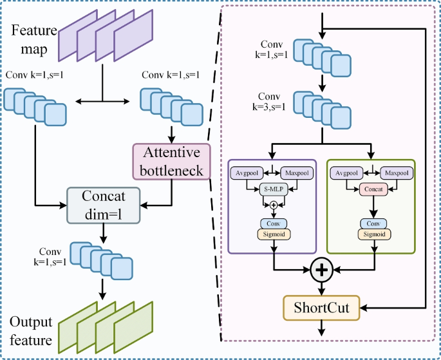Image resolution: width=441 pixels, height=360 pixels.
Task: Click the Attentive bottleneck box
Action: click(171, 161)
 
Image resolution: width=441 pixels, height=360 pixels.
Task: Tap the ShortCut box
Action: click(321, 308)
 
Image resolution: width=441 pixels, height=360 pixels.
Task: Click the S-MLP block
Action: click(273, 189)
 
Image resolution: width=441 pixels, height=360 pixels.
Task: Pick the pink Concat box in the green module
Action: click(373, 189)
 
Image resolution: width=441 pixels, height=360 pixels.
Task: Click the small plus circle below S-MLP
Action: click(274, 204)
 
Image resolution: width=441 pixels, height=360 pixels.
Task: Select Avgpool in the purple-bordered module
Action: click(246, 174)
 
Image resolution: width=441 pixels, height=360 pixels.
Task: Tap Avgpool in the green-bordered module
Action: click(346, 174)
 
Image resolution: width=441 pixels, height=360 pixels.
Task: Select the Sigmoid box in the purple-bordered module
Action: click(274, 234)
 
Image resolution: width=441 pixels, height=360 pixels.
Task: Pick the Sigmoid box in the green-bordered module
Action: click(373, 234)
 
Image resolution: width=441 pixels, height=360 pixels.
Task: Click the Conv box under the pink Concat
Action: click(373, 223)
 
